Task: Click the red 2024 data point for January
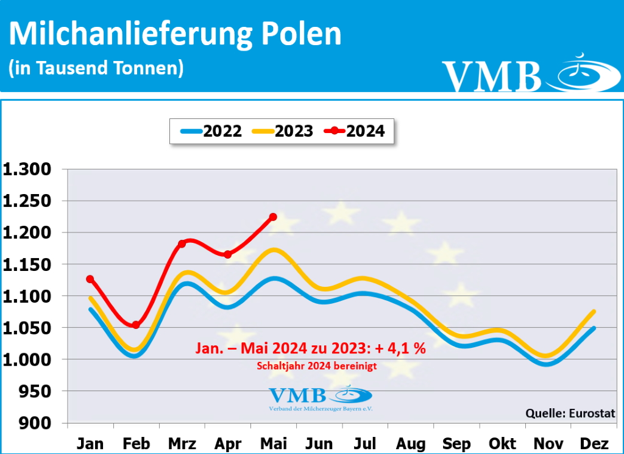click(90, 279)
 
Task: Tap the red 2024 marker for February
click(136, 325)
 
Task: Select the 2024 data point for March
click(182, 244)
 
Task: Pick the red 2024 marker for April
click(227, 254)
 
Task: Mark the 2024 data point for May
click(273, 217)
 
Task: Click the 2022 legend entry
click(211, 131)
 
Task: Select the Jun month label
click(319, 444)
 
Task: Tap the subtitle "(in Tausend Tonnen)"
click(96, 68)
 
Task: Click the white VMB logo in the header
click(491, 76)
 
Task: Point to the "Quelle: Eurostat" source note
click(570, 413)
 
